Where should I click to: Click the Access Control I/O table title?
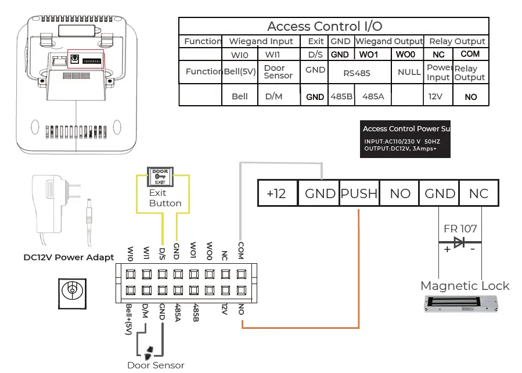pos(325,26)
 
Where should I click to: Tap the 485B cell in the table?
pos(341,96)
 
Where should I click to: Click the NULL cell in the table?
pos(409,73)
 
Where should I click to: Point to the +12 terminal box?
pos(277,193)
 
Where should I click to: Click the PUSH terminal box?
pos(359,193)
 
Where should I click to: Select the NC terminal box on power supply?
pos(478,193)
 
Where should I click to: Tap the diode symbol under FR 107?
pos(460,242)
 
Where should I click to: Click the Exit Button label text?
pos(165,198)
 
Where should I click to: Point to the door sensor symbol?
pos(149,350)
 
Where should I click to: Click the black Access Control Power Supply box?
pos(405,140)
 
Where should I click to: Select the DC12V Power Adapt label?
pos(69,257)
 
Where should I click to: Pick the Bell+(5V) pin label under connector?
pos(129,319)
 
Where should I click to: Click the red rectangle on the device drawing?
pos(87,59)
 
